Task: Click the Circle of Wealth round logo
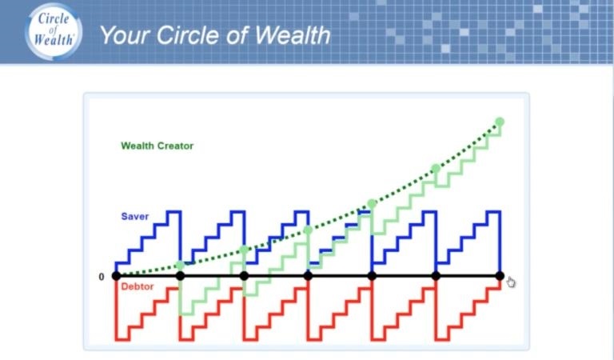54,31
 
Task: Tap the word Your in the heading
125,35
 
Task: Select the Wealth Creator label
157,146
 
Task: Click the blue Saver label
135,216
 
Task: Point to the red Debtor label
138,286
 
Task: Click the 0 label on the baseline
102,277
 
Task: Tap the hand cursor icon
511,282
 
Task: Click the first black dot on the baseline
116,276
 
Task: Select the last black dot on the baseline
500,276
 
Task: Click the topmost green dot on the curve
500,122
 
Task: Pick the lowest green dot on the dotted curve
180,266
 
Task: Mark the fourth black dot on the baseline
308,276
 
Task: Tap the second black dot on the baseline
180,276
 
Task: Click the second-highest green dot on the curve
436,169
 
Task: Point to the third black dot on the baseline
244,276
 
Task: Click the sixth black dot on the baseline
436,276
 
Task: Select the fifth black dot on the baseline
372,276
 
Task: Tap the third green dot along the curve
308,230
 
